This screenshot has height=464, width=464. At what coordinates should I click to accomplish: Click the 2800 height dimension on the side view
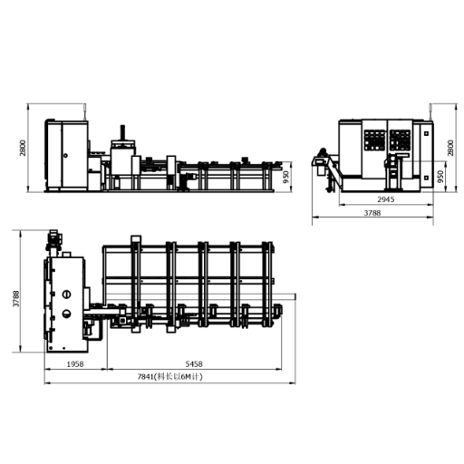[x=23, y=148]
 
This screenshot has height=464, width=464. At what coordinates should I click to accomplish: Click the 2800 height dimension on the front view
[x=450, y=148]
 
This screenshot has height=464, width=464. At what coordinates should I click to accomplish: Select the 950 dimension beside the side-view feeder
[x=285, y=177]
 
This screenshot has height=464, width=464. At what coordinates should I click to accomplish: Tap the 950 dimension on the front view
[x=440, y=177]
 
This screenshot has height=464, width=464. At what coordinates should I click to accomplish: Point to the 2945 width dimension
[x=386, y=199]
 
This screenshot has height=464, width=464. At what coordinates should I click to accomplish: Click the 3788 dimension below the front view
[x=372, y=213]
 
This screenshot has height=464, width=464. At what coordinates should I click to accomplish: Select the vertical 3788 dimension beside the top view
[x=16, y=299]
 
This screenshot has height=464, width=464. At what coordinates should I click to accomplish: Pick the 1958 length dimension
[x=75, y=364]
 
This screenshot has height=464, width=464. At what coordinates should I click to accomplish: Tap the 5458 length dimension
[x=194, y=364]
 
